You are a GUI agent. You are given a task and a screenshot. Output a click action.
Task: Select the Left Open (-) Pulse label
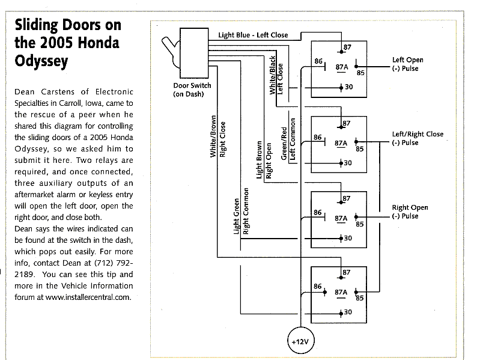pyautogui.click(x=407, y=64)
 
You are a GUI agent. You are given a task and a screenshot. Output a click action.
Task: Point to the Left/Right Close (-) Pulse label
pyautogui.click(x=418, y=138)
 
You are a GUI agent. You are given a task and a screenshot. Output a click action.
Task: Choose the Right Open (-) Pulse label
pyautogui.click(x=410, y=212)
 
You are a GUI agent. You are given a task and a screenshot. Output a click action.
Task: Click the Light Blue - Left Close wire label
pyautogui.click(x=253, y=35)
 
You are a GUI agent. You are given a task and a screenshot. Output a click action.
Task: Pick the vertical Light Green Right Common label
pyautogui.click(x=242, y=215)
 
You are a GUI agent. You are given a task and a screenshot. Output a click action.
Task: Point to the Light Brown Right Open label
pyautogui.click(x=264, y=160)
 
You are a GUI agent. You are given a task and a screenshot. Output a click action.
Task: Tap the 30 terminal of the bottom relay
pyautogui.click(x=347, y=313)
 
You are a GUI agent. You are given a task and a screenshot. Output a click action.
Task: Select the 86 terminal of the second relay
pyautogui.click(x=318, y=138)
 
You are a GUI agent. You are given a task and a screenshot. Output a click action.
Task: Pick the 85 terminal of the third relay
pyautogui.click(x=359, y=224)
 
